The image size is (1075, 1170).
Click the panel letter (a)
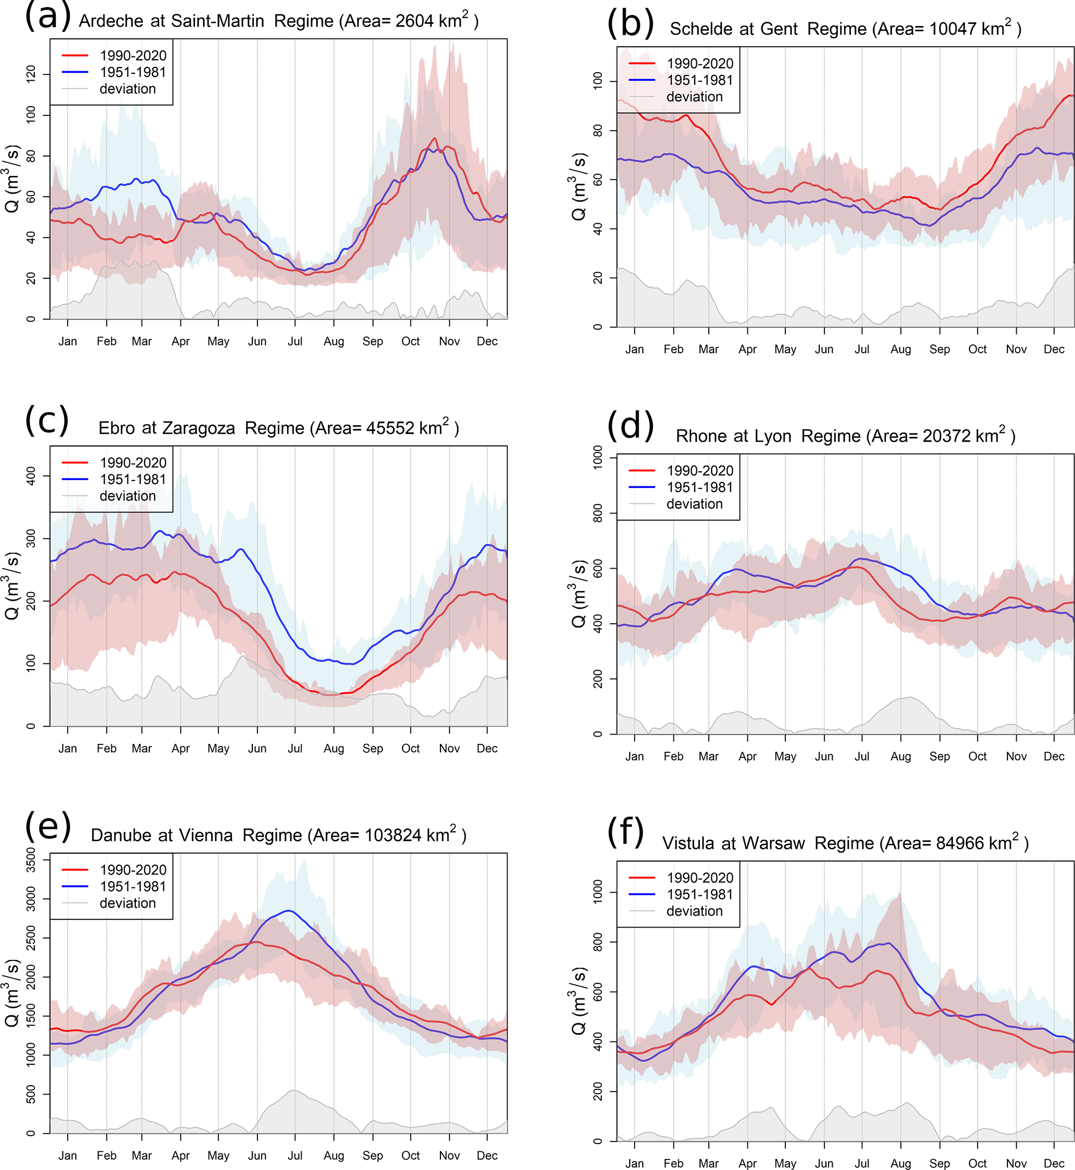(48, 16)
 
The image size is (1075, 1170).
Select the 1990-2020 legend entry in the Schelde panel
(699, 63)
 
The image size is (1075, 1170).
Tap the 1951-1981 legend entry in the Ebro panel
(133, 480)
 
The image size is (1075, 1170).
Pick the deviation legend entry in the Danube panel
(127, 903)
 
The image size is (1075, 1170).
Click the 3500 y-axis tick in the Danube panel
(31, 860)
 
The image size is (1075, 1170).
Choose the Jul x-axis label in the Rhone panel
(862, 756)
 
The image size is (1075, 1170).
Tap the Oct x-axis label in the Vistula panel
(977, 1163)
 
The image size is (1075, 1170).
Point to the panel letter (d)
(630, 427)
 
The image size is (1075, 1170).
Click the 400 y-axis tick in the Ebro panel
(31, 476)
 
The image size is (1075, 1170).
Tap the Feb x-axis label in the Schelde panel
(673, 349)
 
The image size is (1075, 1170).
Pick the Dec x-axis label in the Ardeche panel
(487, 341)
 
